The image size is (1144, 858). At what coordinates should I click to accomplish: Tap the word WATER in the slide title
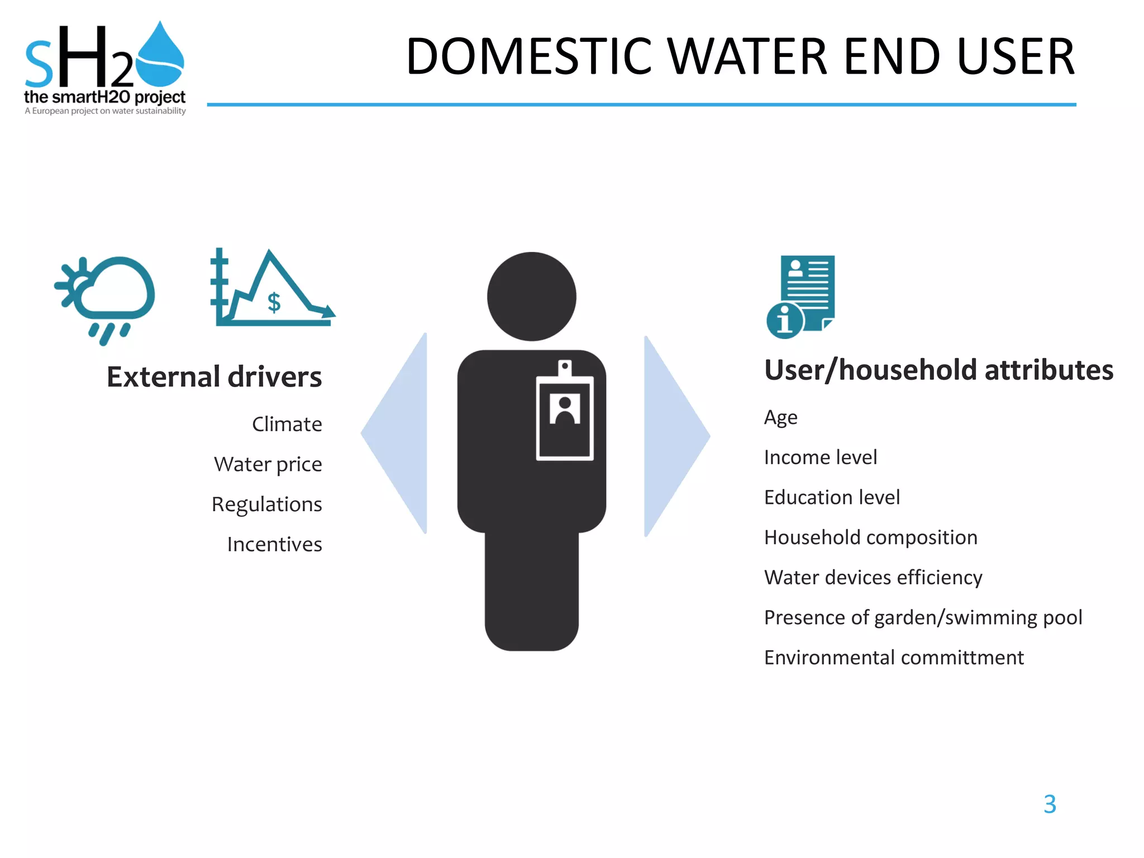click(747, 57)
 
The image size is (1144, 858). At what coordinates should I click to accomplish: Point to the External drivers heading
click(214, 377)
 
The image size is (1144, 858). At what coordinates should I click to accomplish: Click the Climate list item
click(287, 425)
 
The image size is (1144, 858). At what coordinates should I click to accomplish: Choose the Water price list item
click(268, 465)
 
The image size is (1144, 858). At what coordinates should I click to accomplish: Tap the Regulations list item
click(266, 504)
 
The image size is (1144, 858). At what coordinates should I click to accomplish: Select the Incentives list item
click(274, 545)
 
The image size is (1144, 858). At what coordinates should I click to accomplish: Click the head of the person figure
click(531, 297)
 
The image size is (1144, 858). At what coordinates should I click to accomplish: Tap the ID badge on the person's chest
click(565, 413)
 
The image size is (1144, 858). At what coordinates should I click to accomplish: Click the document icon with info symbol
click(802, 297)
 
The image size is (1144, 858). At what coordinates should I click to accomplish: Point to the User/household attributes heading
click(938, 370)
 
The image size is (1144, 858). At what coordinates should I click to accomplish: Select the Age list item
click(780, 418)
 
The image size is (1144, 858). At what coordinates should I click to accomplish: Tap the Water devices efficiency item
click(873, 578)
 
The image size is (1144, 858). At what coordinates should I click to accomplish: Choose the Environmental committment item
click(894, 658)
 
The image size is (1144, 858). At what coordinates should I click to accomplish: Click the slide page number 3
click(1050, 804)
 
